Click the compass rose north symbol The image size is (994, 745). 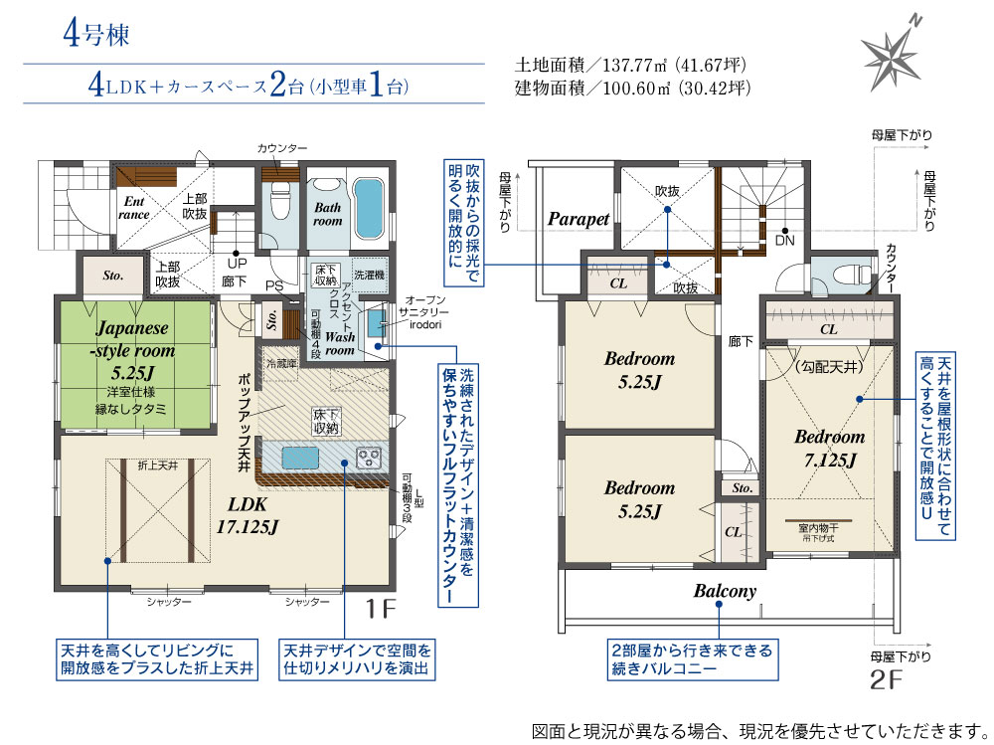tap(893, 52)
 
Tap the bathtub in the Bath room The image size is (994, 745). tap(368, 208)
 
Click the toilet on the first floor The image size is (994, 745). tap(279, 203)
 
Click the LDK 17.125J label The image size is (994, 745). tap(248, 515)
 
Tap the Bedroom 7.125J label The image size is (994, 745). tap(830, 448)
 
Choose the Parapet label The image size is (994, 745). tap(579, 219)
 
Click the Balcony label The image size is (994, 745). tap(726, 592)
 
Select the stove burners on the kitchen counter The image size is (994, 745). tap(369, 458)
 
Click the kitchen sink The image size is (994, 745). tap(300, 457)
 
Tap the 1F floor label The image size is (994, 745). tap(381, 609)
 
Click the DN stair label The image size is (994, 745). tap(785, 241)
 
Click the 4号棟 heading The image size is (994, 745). tap(96, 34)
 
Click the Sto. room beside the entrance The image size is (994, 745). tap(113, 276)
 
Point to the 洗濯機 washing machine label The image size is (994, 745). tap(369, 275)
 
